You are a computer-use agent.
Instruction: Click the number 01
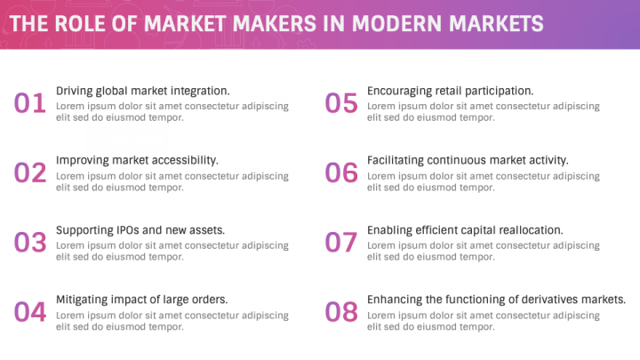point(29,104)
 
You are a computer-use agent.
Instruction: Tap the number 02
point(29,173)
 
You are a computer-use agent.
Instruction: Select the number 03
point(29,243)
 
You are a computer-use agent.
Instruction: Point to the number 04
point(29,312)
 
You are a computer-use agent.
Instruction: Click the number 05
point(340,104)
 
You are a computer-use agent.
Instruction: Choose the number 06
point(340,173)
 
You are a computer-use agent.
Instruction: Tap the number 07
point(340,243)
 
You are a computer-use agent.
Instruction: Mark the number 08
point(340,312)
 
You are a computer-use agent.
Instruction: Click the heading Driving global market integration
point(142,91)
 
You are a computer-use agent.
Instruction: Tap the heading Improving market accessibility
point(137,160)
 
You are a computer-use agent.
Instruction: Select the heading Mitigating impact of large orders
point(142,299)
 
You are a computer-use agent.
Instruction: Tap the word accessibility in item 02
point(185,160)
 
